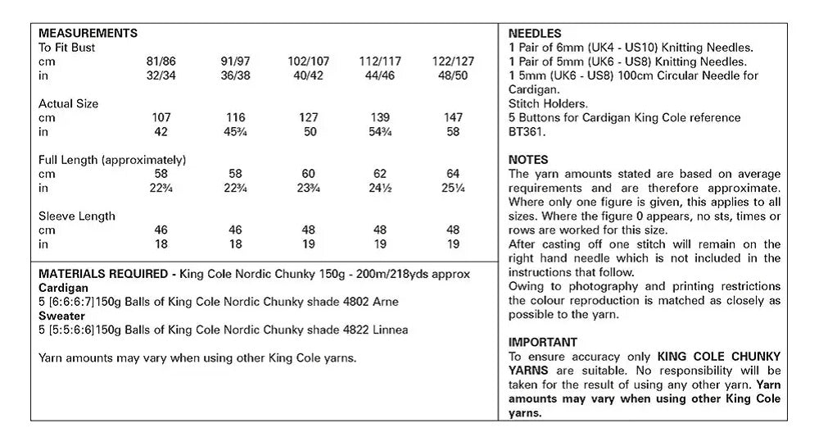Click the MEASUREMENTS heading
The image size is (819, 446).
(88, 34)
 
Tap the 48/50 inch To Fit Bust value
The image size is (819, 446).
(453, 76)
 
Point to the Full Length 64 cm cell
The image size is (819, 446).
(453, 174)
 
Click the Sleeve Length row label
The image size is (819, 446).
(77, 216)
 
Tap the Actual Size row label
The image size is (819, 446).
(69, 104)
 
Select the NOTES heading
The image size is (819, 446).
(528, 160)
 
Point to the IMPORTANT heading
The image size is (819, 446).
(543, 342)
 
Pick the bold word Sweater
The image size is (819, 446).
(61, 316)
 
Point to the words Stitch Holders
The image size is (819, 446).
(547, 104)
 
